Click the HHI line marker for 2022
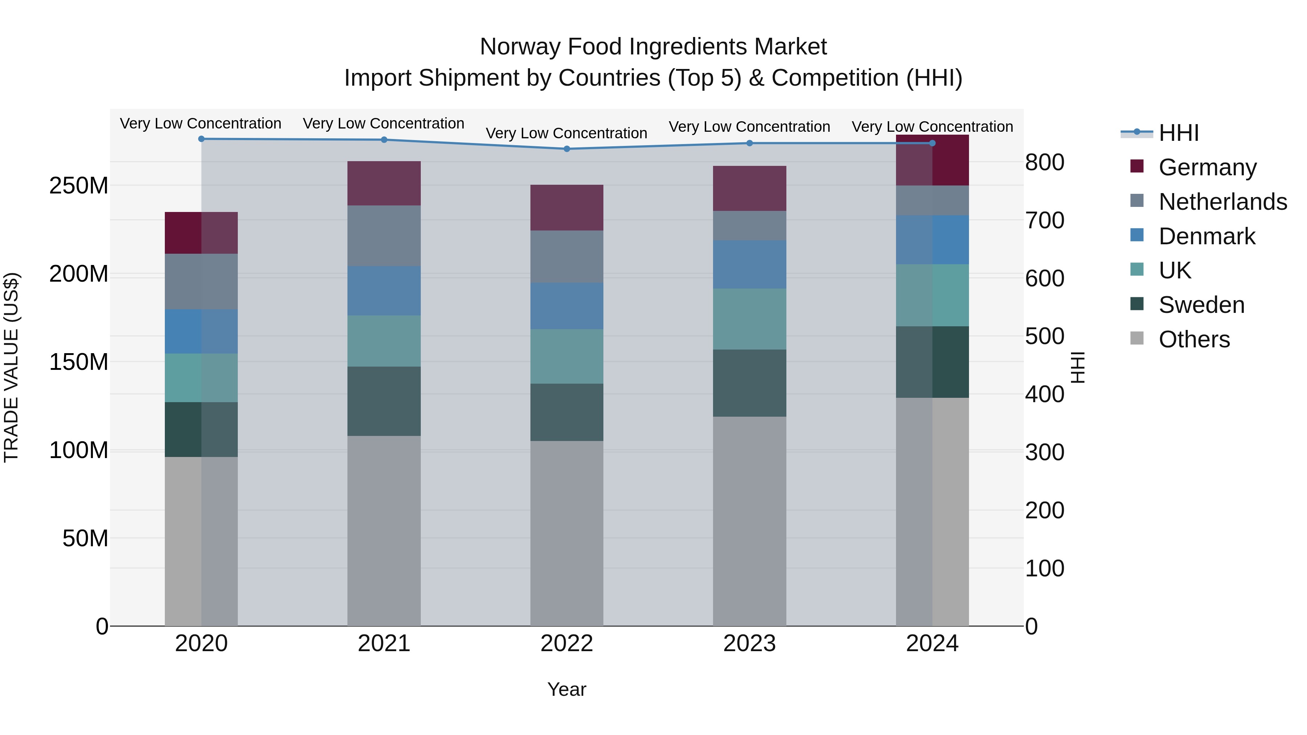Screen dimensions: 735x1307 point(567,148)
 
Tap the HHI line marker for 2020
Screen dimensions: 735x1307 point(201,139)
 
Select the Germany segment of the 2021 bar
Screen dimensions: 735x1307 point(384,183)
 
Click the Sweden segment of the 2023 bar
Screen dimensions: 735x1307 point(749,383)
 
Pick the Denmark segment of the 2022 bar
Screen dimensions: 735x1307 point(567,306)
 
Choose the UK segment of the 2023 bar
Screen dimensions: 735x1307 point(749,319)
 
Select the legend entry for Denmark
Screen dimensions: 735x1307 point(1206,236)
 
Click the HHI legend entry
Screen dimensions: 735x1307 point(1178,133)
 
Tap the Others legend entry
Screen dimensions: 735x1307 point(1194,339)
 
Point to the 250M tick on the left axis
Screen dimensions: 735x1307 point(79,185)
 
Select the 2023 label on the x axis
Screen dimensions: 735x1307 point(749,644)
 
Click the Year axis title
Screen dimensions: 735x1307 point(567,689)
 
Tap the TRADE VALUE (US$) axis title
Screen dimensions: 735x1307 point(12,368)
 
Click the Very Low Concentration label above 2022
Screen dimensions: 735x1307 point(567,134)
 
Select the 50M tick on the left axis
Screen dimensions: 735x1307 point(85,538)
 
